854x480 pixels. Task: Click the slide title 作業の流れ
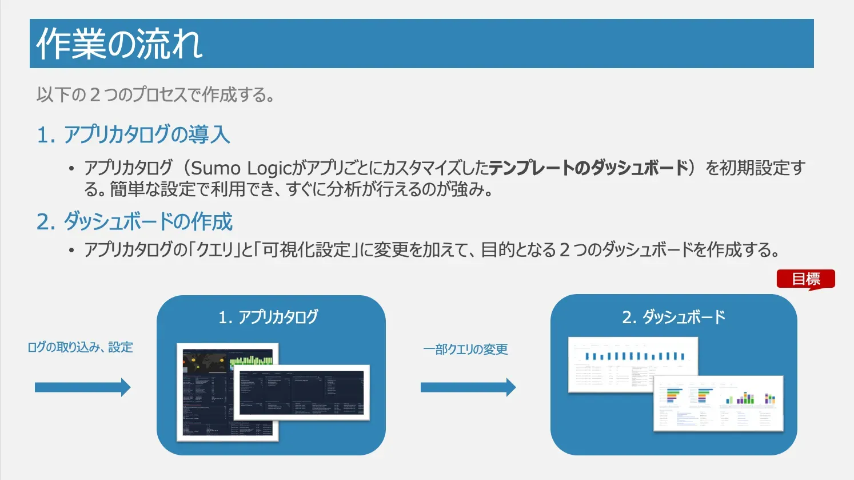[119, 44]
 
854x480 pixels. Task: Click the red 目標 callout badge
[805, 279]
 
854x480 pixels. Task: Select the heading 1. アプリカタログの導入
[133, 134]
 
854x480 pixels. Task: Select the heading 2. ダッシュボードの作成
[134, 221]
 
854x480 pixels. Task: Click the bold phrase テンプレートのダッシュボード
[589, 168]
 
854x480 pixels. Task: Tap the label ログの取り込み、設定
[80, 347]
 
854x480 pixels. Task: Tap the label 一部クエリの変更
[465, 350]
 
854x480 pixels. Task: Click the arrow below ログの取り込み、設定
[82, 387]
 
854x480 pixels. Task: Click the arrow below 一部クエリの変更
[468, 387]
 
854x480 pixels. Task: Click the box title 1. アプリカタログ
[268, 317]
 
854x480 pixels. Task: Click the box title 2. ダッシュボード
[673, 317]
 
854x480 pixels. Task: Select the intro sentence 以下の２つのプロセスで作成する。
[155, 95]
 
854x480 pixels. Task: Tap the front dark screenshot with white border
[302, 392]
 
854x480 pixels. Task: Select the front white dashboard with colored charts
[719, 404]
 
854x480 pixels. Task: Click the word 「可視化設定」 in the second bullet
[306, 250]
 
